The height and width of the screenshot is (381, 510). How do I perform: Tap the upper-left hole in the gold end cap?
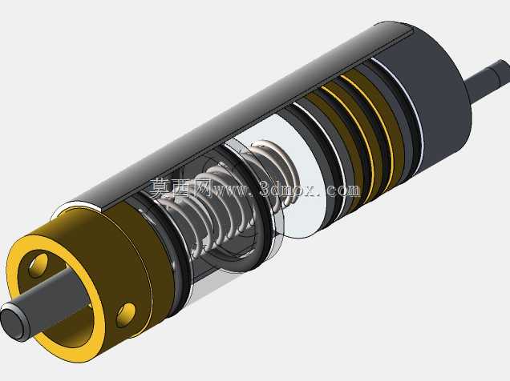coord(39,265)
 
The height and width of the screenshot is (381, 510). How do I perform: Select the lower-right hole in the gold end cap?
coord(126,315)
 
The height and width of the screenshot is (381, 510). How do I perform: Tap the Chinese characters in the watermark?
coord(180,188)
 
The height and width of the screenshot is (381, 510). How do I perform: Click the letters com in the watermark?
coord(344,190)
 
